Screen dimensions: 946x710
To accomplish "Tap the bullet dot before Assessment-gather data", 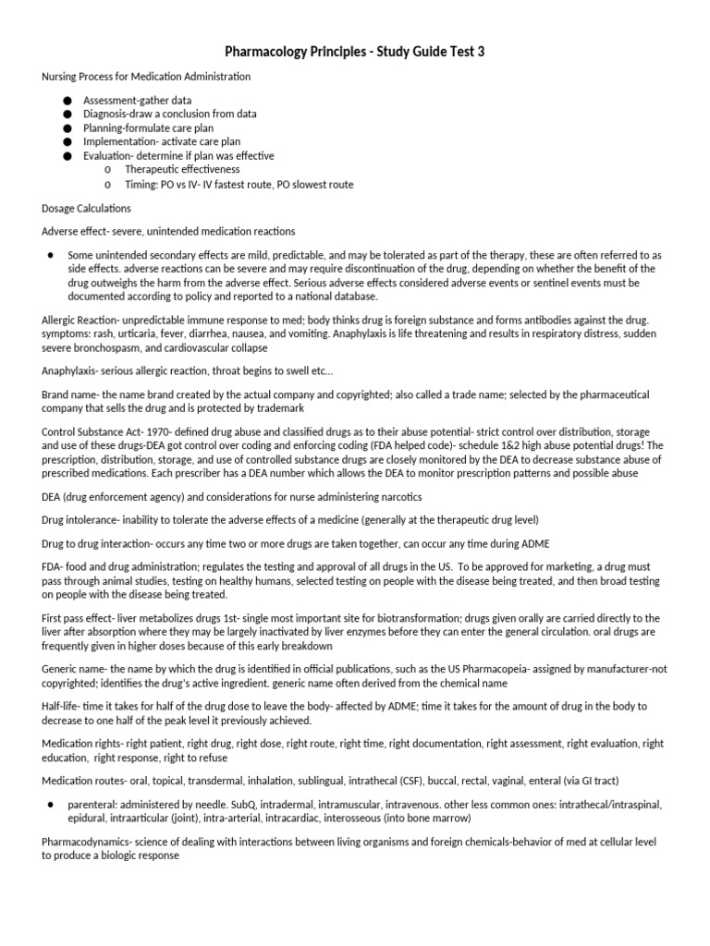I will [67, 100].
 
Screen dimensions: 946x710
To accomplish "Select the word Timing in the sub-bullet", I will [141, 185].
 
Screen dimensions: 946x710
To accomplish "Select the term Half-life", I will [63, 707].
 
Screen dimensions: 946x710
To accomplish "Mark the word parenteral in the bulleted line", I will [96, 805].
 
